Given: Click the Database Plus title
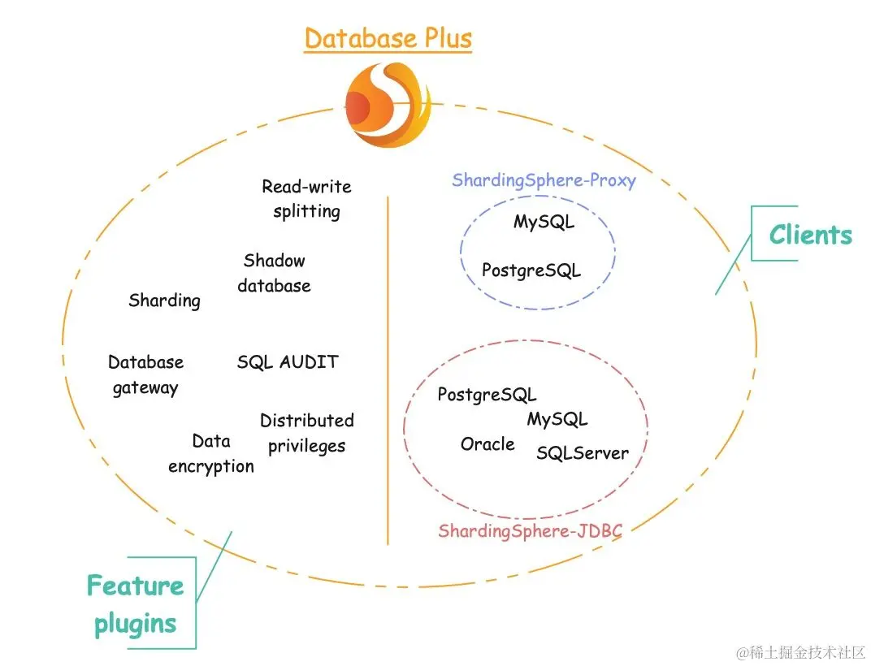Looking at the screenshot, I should tap(388, 38).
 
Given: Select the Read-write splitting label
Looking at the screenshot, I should tap(306, 199).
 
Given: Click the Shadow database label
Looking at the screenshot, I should tap(275, 273).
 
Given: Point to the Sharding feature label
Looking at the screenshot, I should tap(164, 301).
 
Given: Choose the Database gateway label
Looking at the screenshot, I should tap(145, 374).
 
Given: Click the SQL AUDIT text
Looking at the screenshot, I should tap(288, 362).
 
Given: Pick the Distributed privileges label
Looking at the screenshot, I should tap(306, 433).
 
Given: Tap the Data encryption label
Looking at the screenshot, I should tap(211, 453).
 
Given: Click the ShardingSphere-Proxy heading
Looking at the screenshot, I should tap(544, 180).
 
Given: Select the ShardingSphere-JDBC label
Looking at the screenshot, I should tap(530, 531).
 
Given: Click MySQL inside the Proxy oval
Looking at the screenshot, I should tap(544, 222).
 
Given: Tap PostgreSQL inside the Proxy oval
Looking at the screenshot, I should tap(531, 270).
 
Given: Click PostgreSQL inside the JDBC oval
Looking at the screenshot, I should tap(487, 395).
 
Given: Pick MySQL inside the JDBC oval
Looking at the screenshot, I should tap(557, 419).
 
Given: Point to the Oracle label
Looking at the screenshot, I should tap(487, 444).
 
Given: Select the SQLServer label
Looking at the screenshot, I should tap(582, 453).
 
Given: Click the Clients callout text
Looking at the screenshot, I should tap(810, 235).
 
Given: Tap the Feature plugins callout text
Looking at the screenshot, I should tap(135, 604).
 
